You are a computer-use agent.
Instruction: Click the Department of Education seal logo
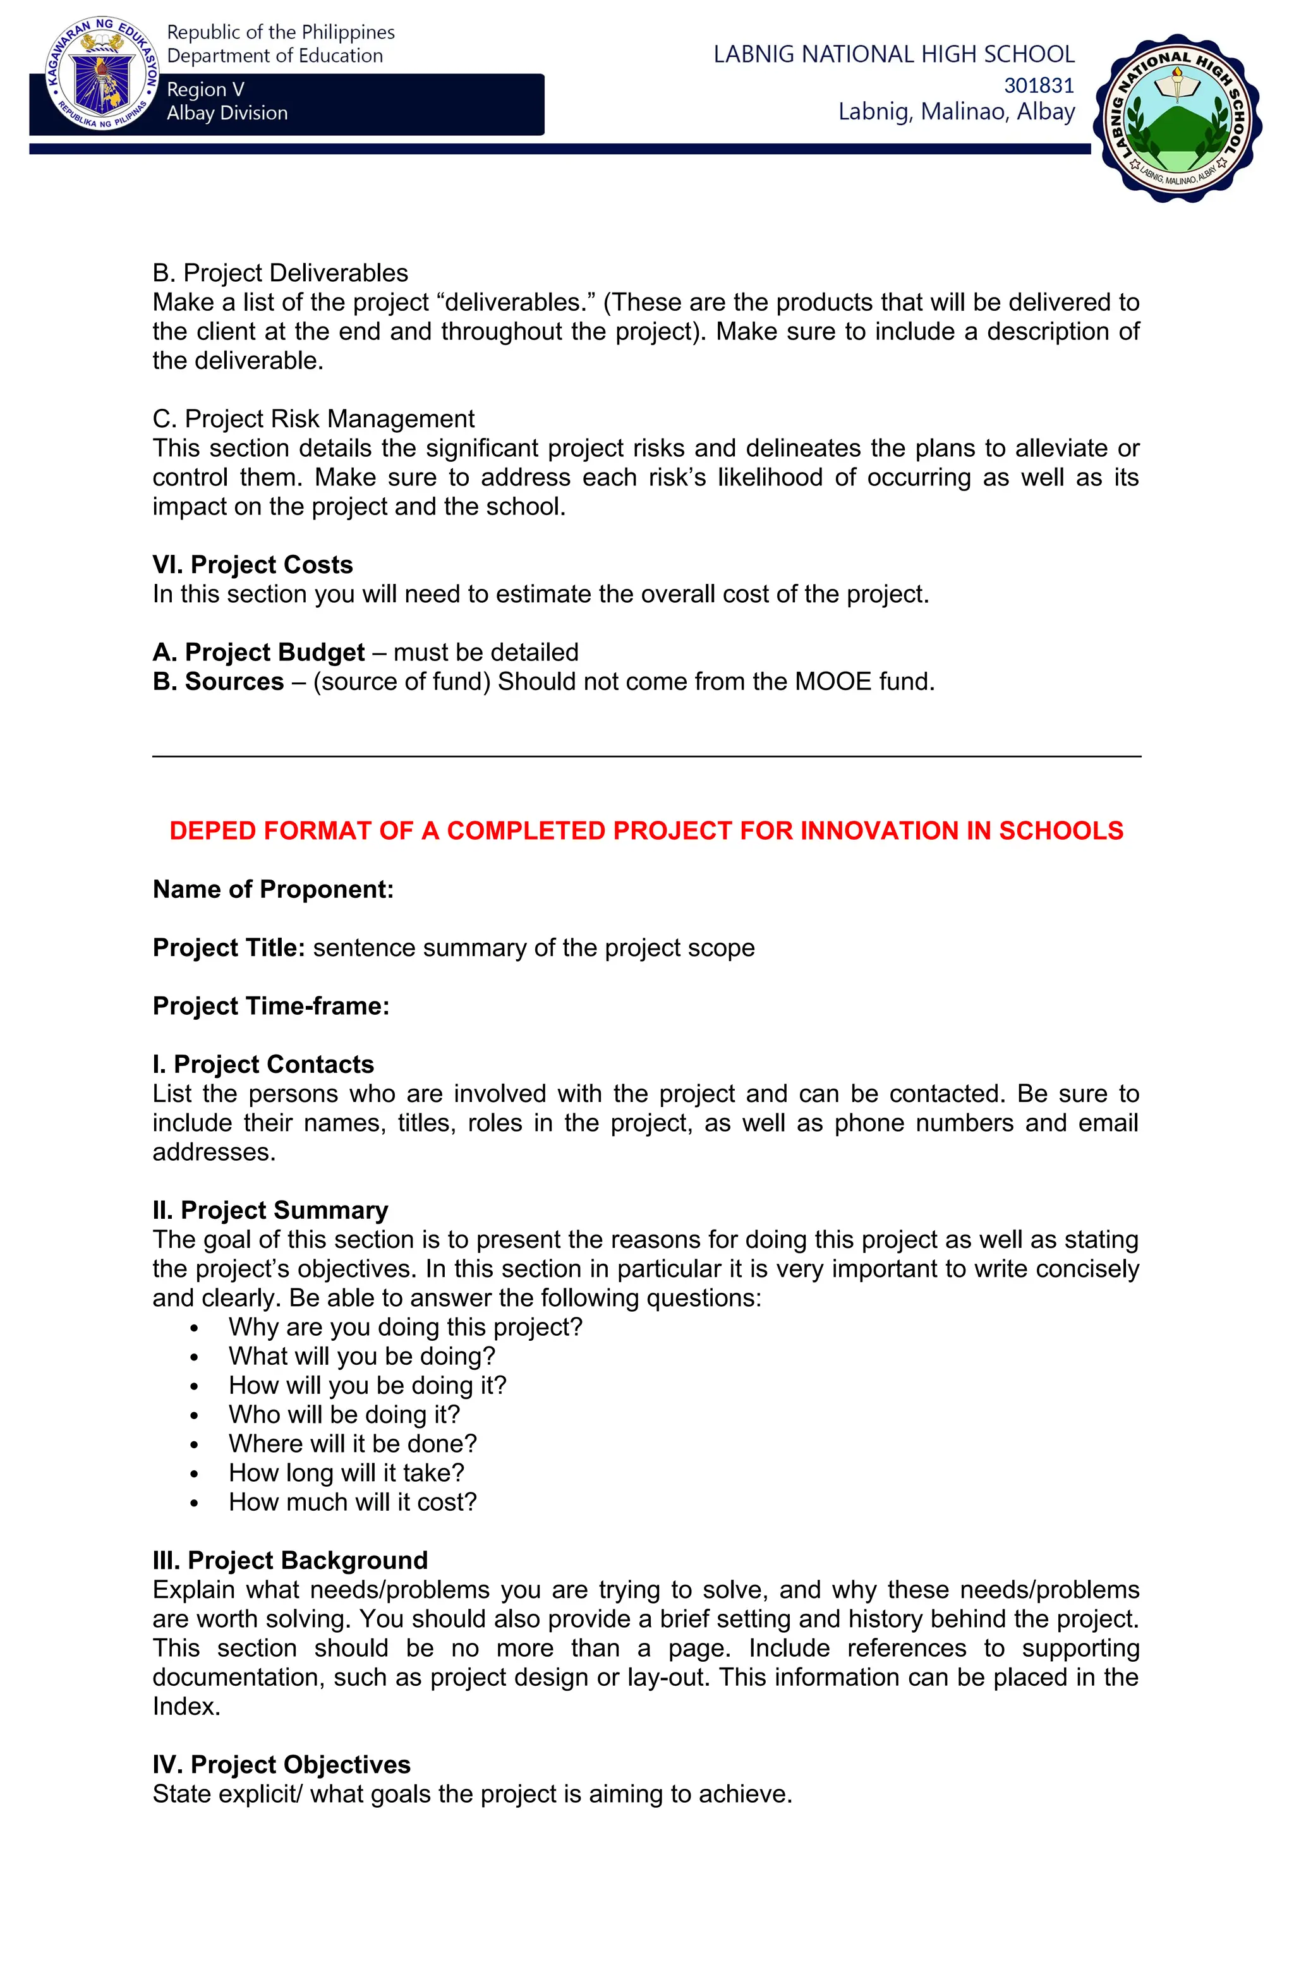[102, 75]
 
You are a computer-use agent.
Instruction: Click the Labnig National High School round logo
[1176, 118]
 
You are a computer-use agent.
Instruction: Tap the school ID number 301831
[1039, 85]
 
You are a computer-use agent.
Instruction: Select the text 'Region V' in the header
[205, 89]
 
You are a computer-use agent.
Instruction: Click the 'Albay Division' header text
[227, 113]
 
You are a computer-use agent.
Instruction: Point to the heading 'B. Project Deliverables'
[281, 273]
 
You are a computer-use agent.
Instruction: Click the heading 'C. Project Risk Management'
[313, 418]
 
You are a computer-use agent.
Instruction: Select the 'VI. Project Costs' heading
[253, 565]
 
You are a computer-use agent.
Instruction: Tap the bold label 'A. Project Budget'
[258, 653]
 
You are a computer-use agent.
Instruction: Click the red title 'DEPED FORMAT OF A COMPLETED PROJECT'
[646, 831]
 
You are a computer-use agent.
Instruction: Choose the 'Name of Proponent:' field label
[273, 890]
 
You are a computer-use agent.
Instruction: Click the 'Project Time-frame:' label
[271, 1006]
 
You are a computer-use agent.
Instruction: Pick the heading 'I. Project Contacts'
[263, 1064]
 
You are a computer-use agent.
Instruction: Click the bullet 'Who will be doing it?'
[344, 1414]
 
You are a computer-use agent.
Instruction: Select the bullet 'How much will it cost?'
[353, 1502]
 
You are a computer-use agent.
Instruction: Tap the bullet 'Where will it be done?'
[353, 1444]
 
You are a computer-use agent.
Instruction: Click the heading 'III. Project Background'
[290, 1560]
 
